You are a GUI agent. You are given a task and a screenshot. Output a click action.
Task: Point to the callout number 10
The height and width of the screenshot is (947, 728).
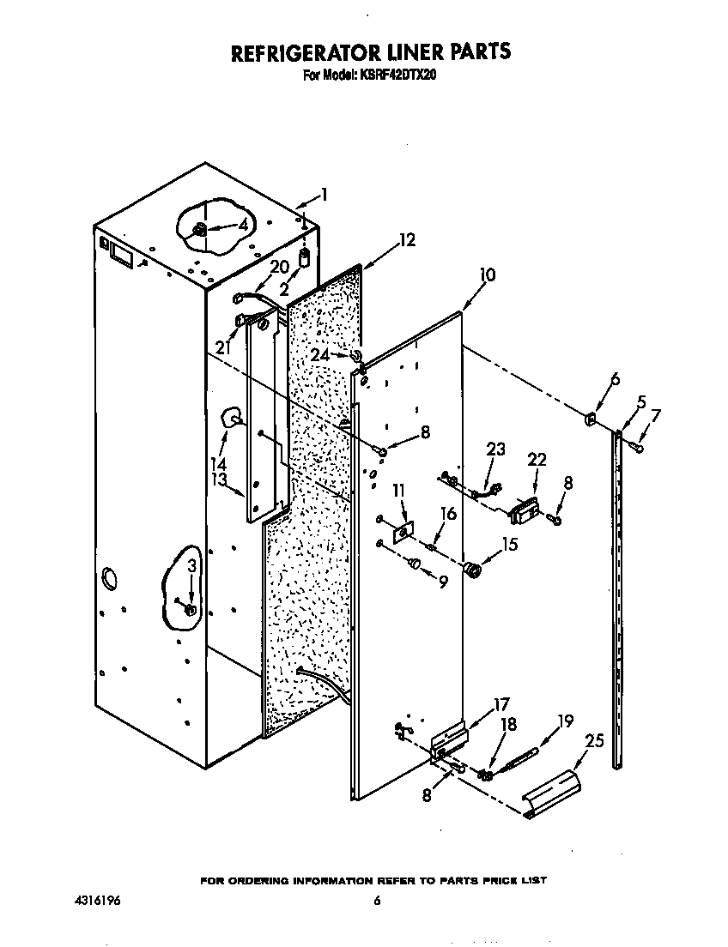[487, 275]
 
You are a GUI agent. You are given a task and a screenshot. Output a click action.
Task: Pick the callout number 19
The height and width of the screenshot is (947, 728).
[564, 722]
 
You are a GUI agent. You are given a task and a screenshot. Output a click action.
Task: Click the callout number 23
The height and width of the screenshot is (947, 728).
[495, 449]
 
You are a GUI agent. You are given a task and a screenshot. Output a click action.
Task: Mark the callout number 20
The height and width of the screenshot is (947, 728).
[280, 267]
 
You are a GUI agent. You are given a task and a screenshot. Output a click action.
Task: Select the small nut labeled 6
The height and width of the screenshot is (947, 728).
[591, 419]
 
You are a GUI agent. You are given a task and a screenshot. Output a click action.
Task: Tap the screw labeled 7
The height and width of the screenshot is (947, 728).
[636, 447]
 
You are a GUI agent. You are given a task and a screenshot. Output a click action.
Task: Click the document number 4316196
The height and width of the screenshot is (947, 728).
[97, 901]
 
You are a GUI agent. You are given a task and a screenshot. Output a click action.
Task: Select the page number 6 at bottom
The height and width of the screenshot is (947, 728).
[376, 901]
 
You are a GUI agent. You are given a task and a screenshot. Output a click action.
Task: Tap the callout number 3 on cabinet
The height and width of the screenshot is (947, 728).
[191, 566]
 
